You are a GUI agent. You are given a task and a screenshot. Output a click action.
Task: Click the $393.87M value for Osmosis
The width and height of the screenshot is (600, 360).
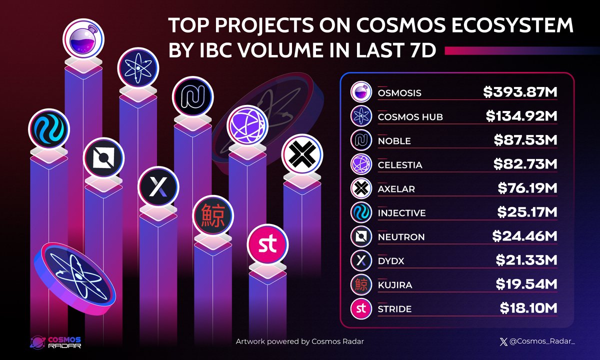coord(520,92)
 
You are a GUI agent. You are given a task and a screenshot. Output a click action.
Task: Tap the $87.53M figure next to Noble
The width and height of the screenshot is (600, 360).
coord(525,140)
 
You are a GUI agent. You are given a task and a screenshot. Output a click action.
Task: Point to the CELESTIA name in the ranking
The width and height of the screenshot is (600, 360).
coord(400,164)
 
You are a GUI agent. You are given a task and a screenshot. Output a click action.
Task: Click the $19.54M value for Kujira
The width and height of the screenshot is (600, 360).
coord(526,284)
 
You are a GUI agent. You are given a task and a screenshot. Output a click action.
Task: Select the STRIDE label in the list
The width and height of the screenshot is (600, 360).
coord(395,308)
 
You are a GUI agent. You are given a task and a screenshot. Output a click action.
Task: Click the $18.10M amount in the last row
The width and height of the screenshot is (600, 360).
coord(528,308)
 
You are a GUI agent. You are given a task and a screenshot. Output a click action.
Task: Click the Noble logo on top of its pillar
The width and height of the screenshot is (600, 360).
coord(192,98)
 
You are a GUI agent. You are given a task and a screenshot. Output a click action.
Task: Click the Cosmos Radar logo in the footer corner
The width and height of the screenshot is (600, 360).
coord(55,342)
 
